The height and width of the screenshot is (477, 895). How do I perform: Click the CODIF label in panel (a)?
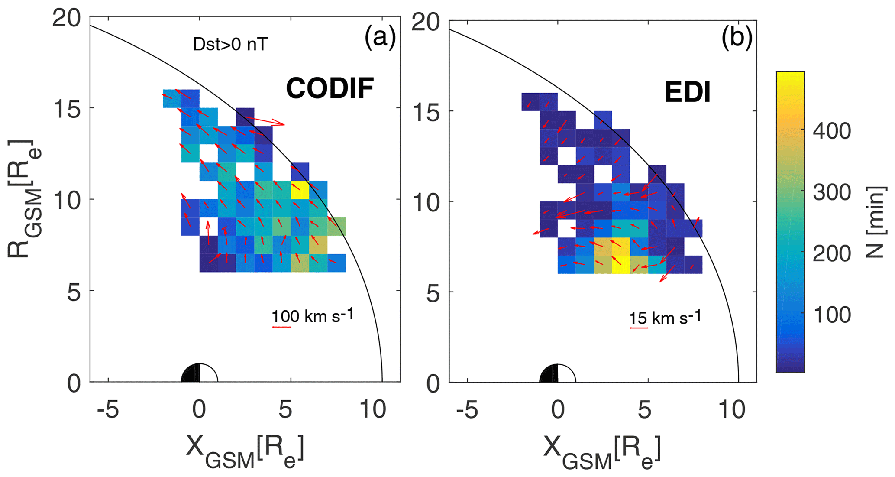(x=330, y=88)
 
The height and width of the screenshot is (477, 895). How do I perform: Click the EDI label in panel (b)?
(x=688, y=93)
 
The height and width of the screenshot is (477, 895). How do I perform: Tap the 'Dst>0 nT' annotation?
(x=230, y=44)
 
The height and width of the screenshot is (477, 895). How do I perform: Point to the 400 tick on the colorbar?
(x=831, y=131)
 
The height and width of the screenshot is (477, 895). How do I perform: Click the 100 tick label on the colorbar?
(x=831, y=315)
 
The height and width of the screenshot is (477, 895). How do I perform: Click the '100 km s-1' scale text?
(x=313, y=316)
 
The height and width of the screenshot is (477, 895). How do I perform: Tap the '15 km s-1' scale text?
(x=665, y=318)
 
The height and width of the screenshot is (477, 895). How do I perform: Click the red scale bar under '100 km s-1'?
(x=281, y=327)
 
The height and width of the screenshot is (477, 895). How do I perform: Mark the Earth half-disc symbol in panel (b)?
(x=558, y=374)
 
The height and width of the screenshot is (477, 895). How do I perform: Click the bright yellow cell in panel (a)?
(x=300, y=190)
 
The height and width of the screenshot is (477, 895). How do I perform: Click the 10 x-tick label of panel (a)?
(x=373, y=409)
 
